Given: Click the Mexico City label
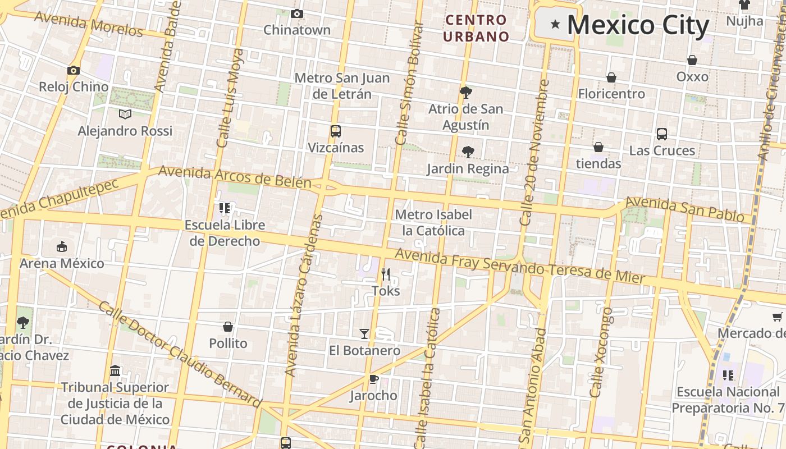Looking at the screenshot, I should (638, 25).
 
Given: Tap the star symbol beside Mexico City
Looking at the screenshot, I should (555, 24).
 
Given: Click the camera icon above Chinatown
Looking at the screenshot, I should (297, 13).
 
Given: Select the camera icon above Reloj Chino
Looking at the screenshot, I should (73, 70).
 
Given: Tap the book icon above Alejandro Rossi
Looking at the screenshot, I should (125, 114).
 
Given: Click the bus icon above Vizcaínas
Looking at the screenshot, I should (335, 131).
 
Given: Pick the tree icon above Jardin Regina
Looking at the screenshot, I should (468, 152).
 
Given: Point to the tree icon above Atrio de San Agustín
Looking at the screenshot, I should (465, 92).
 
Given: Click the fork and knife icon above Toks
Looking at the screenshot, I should (386, 274).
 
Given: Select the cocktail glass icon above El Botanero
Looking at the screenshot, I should (364, 334).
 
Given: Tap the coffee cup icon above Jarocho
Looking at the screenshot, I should (373, 379).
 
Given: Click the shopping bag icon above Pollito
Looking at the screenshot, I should (228, 327).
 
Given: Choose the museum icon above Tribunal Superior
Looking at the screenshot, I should (115, 371).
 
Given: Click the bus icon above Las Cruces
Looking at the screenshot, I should (662, 134).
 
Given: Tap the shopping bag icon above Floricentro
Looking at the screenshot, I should (611, 77).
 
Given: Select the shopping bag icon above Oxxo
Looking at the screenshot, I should (692, 60).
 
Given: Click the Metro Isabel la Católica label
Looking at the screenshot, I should (433, 223).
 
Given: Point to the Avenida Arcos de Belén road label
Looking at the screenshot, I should (235, 177).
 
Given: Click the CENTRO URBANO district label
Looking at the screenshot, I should (476, 28).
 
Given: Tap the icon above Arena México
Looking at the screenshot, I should (62, 247).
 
